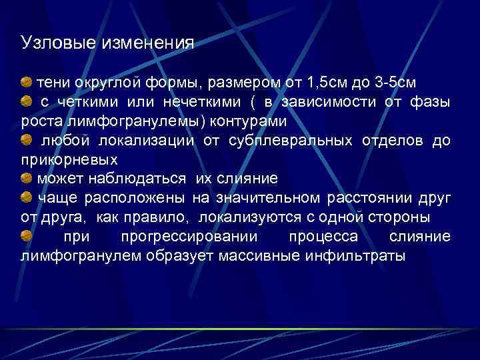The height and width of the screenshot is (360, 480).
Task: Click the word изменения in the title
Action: click(147, 43)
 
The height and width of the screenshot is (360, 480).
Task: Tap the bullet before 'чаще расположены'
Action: click(27, 198)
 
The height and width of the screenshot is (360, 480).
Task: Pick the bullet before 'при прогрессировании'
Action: click(27, 237)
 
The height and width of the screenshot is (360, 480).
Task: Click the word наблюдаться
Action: click(141, 180)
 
